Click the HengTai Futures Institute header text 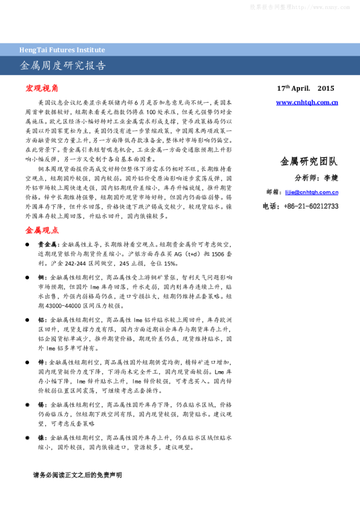pyautogui.click(x=62, y=50)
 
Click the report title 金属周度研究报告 pyautogui.click(x=63, y=65)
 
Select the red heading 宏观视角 pyautogui.click(x=42, y=88)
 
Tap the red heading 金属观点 pyautogui.click(x=42, y=230)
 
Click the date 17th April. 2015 pyautogui.click(x=306, y=88)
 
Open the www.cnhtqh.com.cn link pyautogui.click(x=307, y=103)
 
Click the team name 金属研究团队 pyautogui.click(x=309, y=161)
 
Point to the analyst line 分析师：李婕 pyautogui.click(x=316, y=178)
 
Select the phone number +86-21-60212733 pyautogui.click(x=310, y=206)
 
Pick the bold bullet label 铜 pyautogui.click(x=40, y=276)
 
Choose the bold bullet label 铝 pyautogui.click(x=40, y=319)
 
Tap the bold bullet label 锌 pyautogui.click(x=40, y=361)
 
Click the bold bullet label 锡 pyautogui.click(x=40, y=404)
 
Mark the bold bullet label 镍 pyautogui.click(x=40, y=436)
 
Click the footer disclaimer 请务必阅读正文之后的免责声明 pyautogui.click(x=77, y=475)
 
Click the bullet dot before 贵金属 pyautogui.click(x=27, y=245)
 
